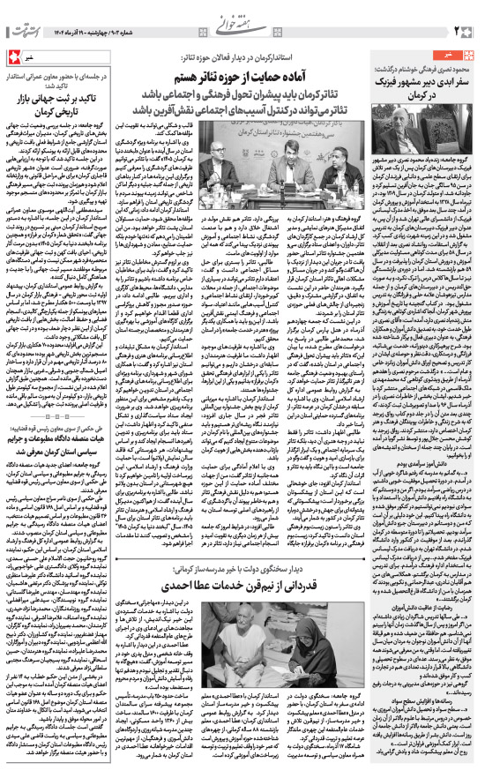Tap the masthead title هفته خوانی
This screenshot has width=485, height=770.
[243, 14]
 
